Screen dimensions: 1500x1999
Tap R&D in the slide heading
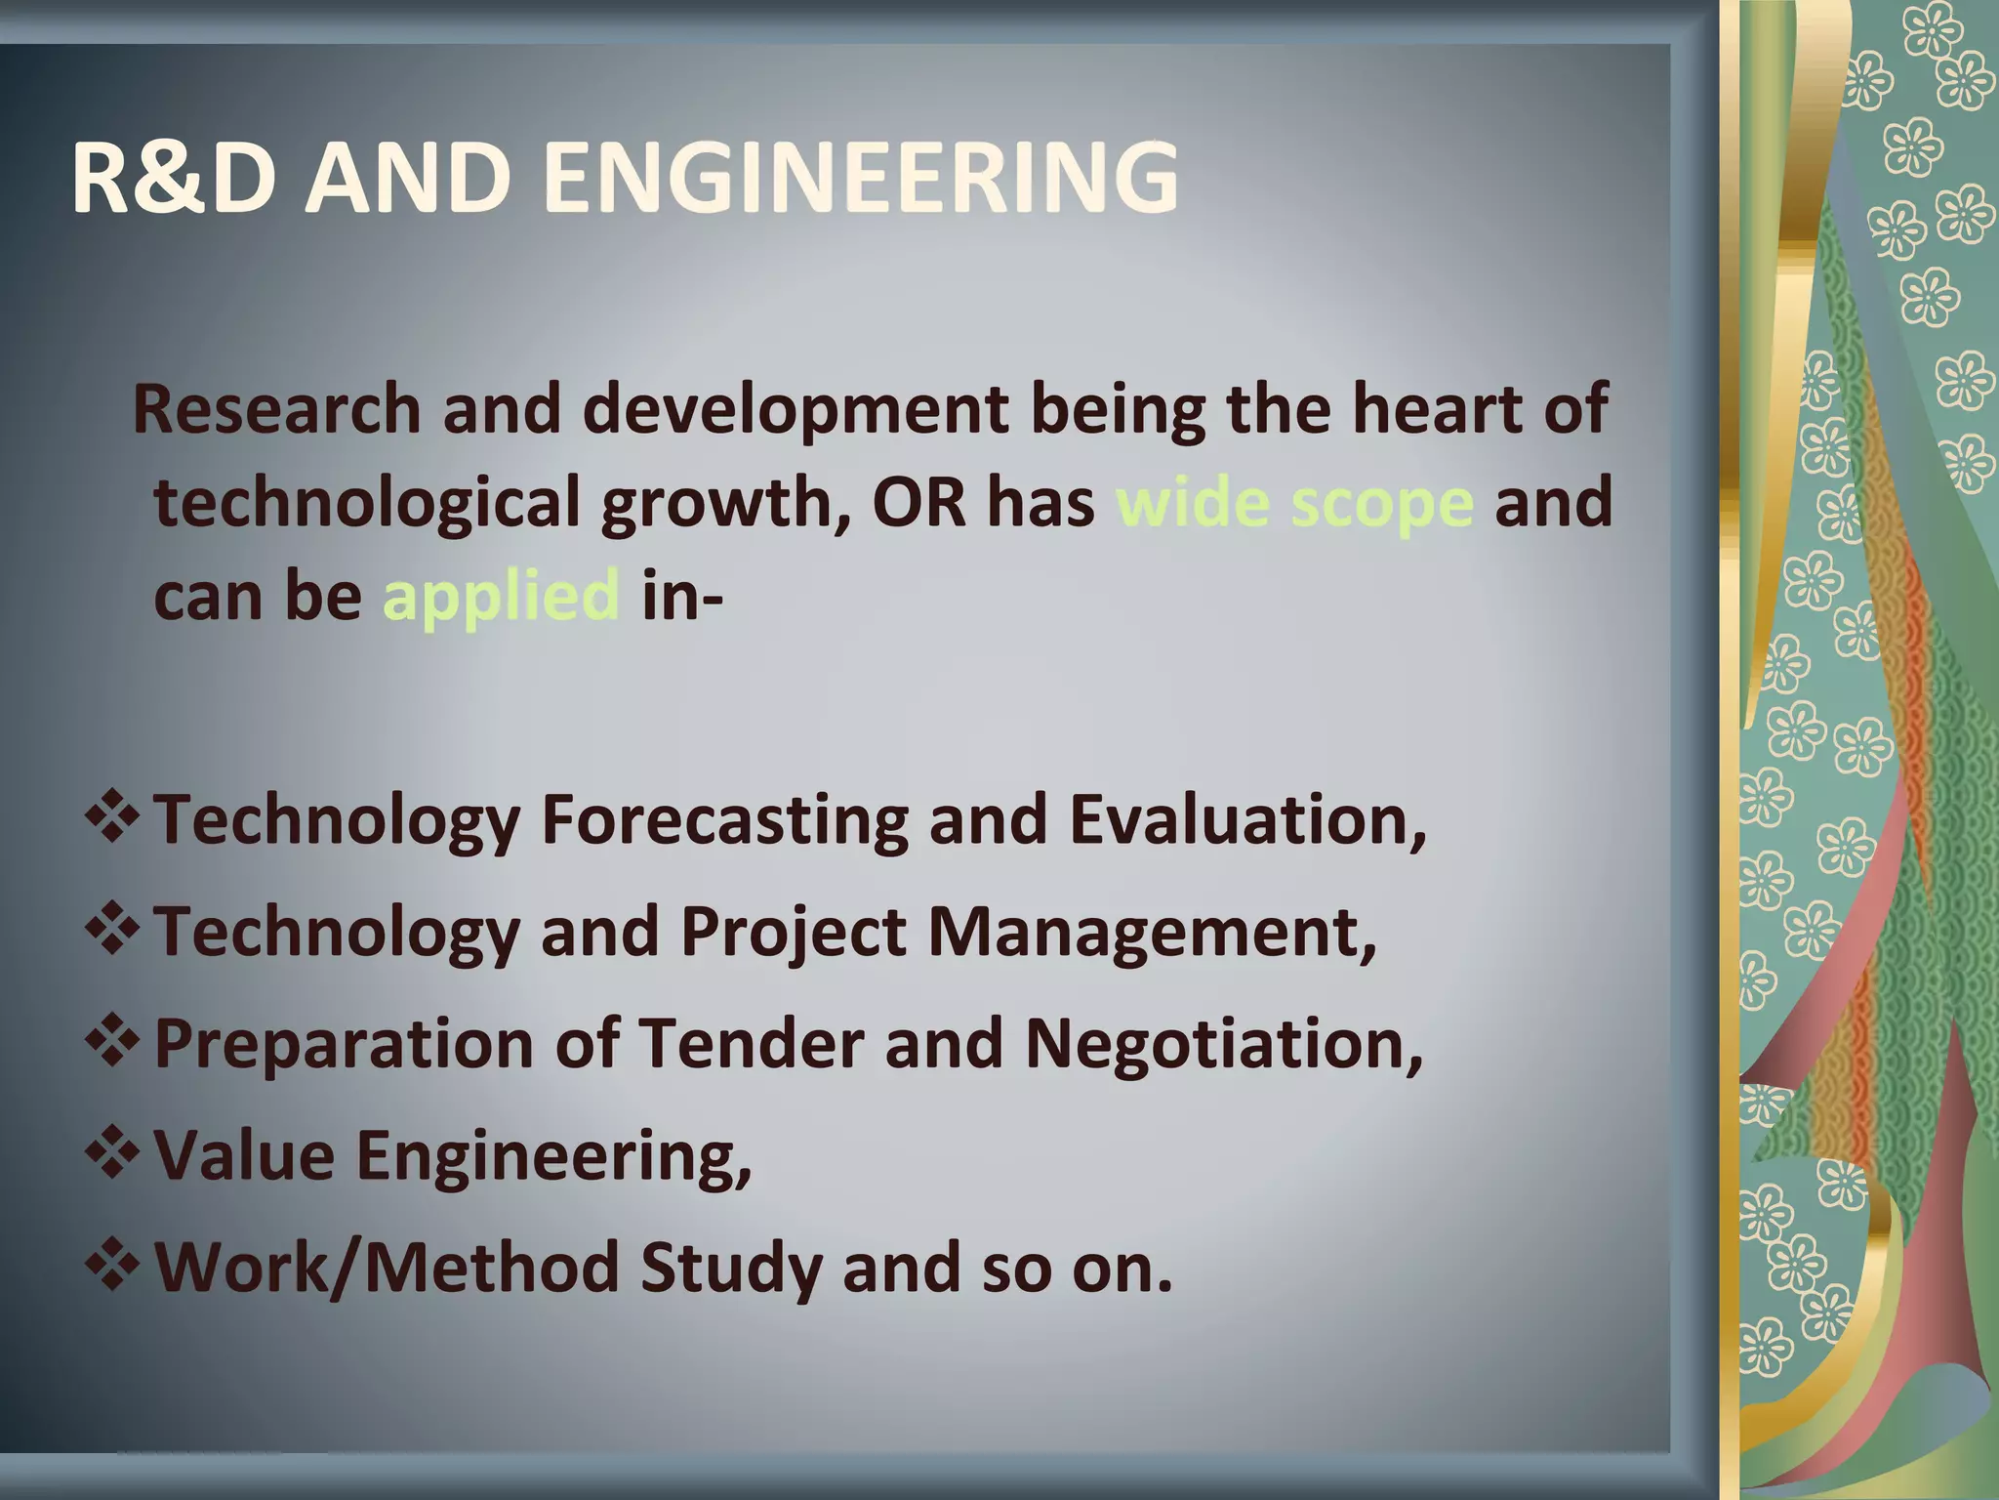(x=173, y=179)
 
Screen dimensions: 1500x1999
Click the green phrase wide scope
(x=1294, y=504)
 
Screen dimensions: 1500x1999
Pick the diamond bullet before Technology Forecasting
(x=113, y=818)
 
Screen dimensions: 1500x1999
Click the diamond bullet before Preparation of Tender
(x=113, y=1041)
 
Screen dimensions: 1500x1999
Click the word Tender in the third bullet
(x=751, y=1043)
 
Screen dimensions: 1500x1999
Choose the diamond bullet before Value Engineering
(x=113, y=1153)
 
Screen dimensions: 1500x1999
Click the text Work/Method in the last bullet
(x=387, y=1268)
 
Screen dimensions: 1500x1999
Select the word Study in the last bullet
(x=730, y=1268)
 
